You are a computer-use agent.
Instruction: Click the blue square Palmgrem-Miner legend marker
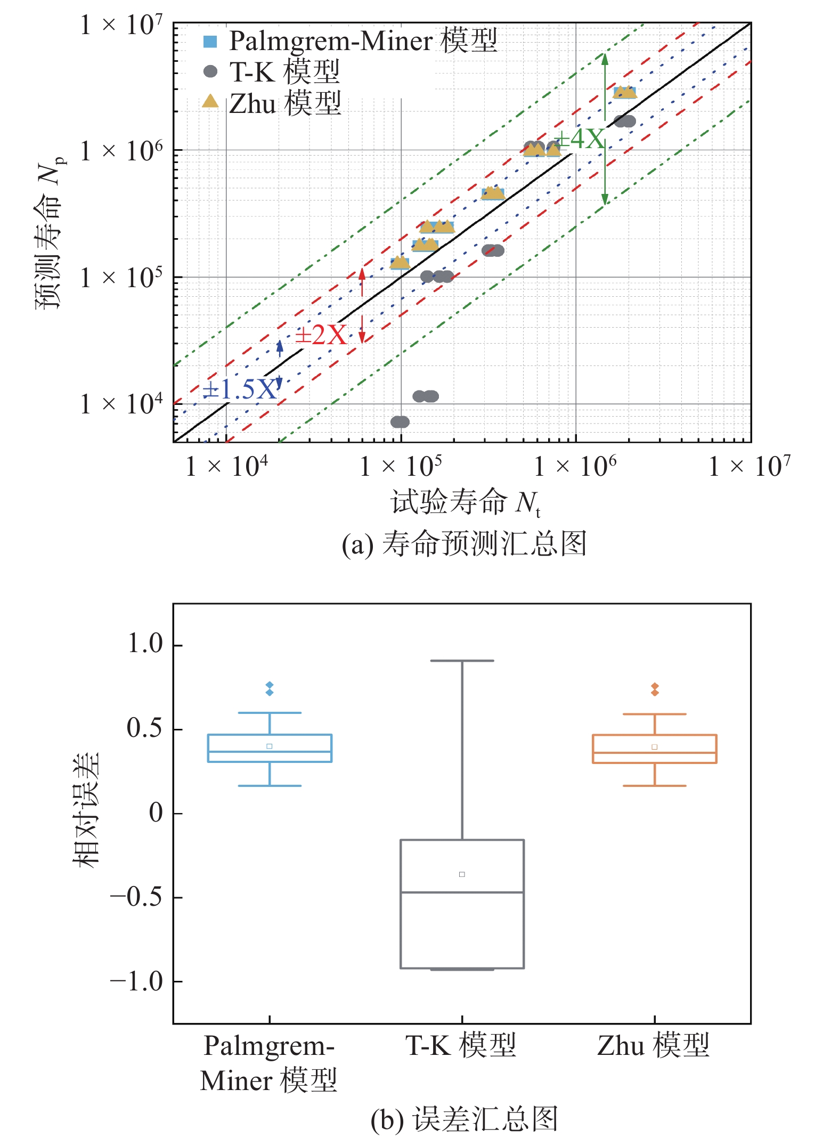coord(210,42)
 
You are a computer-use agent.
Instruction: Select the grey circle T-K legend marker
coord(210,71)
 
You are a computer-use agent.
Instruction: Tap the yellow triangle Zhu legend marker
coord(210,101)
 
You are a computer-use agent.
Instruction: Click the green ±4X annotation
coord(580,140)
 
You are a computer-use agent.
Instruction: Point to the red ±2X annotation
coord(321,335)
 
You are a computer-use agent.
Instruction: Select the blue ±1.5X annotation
coord(240,390)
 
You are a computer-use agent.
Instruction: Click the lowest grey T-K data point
coord(400,422)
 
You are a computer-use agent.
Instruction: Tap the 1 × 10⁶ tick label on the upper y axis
coord(121,151)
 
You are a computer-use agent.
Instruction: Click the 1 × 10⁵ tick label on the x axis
coord(401,467)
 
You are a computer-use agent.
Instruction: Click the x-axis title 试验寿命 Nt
coord(465,502)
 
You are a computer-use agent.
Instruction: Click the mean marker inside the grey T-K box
coord(462,874)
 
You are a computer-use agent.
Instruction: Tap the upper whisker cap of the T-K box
coord(462,661)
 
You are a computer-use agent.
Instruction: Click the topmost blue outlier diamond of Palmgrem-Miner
coord(270,685)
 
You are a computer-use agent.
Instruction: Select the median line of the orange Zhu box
coord(654,753)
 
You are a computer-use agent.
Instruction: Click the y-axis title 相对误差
coord(86,810)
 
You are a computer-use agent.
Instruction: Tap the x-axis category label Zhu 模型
coord(654,1045)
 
